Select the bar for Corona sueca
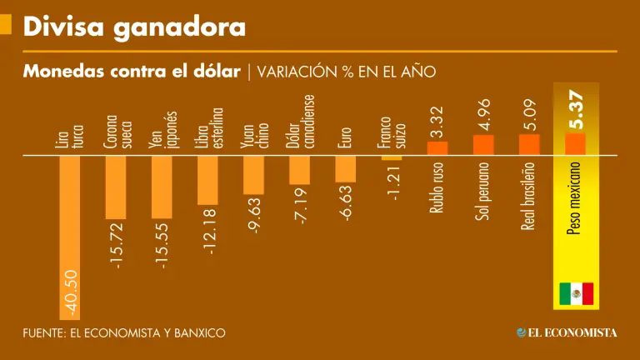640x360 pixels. pyautogui.click(x=116, y=187)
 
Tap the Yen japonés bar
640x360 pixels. pyautogui.click(x=162, y=187)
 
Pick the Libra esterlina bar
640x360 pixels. pyautogui.click(x=207, y=179)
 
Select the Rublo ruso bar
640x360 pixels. pyautogui.click(x=437, y=148)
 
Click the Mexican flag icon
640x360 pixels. pyautogui.click(x=576, y=293)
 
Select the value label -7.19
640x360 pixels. pyautogui.click(x=300, y=207)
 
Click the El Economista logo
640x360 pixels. pyautogui.click(x=567, y=332)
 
